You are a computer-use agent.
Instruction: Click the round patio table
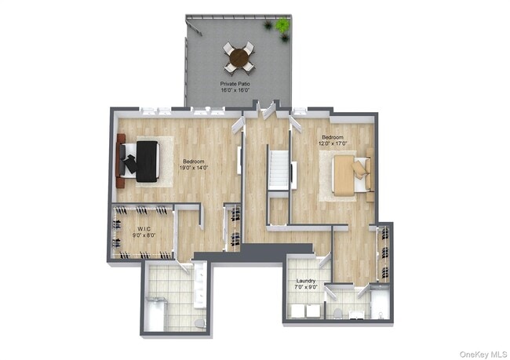(239, 56)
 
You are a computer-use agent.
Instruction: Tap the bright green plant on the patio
(282, 26)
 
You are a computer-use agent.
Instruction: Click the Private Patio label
(238, 82)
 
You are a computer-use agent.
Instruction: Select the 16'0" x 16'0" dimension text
(238, 90)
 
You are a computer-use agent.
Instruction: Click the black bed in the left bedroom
(146, 161)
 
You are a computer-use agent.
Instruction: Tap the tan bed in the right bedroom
(348, 176)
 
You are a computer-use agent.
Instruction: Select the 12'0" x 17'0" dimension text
(333, 143)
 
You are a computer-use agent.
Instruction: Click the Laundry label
(306, 281)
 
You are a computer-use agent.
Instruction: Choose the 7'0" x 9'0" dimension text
(306, 287)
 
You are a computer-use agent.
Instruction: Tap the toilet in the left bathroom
(198, 322)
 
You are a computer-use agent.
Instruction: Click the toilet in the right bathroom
(337, 313)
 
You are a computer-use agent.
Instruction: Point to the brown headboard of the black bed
(121, 161)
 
